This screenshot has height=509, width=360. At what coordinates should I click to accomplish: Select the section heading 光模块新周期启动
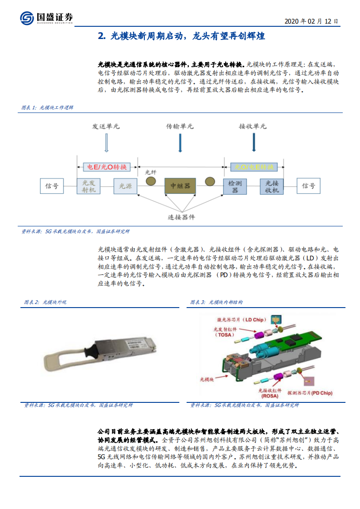click(181, 36)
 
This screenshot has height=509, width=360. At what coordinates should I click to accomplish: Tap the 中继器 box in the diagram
click(180, 186)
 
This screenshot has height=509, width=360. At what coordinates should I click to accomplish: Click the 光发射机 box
click(89, 186)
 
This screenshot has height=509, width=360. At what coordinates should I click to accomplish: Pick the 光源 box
click(125, 186)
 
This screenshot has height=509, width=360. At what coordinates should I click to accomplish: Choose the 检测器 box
click(235, 186)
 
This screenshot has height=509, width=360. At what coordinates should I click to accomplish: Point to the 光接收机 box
click(271, 186)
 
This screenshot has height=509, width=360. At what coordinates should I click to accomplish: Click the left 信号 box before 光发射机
click(52, 186)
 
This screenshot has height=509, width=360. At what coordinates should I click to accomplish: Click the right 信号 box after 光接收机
click(309, 186)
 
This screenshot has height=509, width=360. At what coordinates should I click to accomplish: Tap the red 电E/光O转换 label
click(107, 167)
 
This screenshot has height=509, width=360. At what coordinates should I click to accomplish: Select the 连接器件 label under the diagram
click(181, 217)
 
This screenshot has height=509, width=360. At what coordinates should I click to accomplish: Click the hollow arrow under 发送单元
click(106, 144)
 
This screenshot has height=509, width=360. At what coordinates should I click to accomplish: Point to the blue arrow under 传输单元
click(180, 144)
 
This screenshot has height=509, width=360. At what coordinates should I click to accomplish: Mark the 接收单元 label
click(253, 127)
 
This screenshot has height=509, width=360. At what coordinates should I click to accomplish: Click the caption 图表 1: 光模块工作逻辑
click(48, 108)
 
